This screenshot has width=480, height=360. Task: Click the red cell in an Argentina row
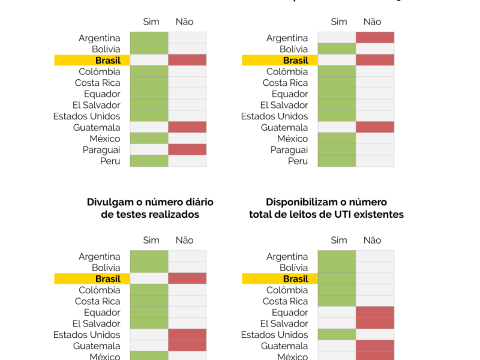[x=375, y=38]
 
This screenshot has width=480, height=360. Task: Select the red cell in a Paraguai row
[x=187, y=149]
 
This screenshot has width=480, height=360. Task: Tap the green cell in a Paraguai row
[x=337, y=149]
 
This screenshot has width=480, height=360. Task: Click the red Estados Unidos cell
[x=187, y=334]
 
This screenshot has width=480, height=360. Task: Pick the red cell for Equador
[x=375, y=312]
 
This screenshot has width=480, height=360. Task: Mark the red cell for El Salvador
[x=375, y=323]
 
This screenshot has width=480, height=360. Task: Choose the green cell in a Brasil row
[x=337, y=278]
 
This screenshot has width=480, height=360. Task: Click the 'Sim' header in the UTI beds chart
[x=339, y=240]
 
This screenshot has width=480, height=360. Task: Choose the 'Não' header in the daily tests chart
[x=184, y=240]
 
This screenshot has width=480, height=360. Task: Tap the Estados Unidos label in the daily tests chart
[x=87, y=334]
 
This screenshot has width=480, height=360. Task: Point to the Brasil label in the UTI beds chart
[x=295, y=278]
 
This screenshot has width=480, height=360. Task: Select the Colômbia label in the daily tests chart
[x=98, y=290]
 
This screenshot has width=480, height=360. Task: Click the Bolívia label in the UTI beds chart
[x=293, y=268]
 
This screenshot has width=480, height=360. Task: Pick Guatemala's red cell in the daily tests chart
[x=187, y=346]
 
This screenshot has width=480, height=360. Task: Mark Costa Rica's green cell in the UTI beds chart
[x=337, y=301]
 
